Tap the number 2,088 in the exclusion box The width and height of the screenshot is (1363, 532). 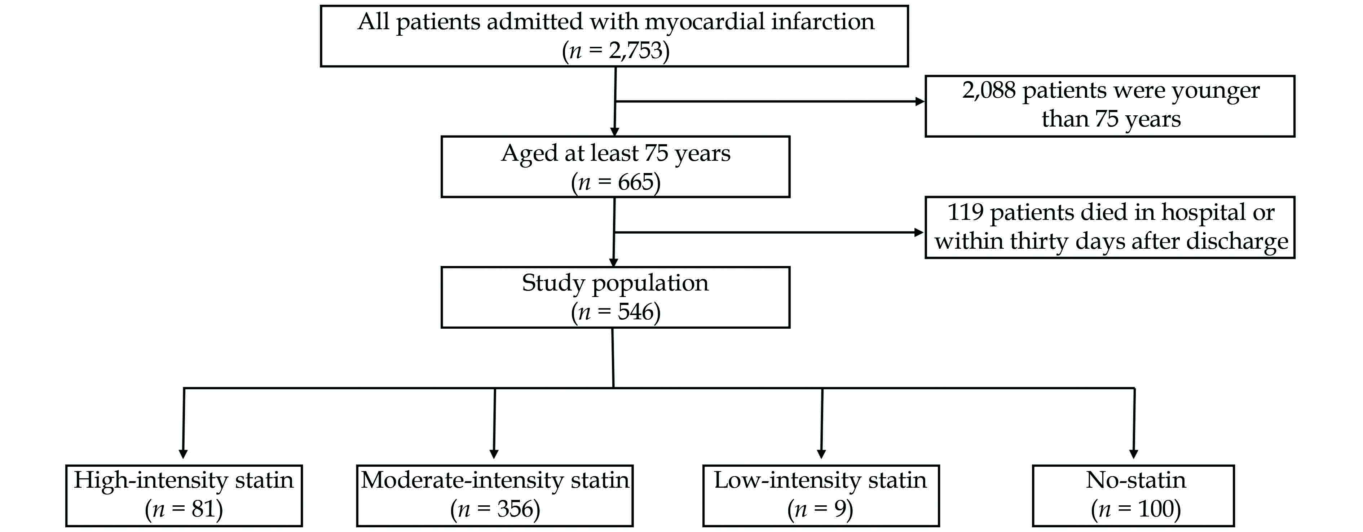[x=988, y=90]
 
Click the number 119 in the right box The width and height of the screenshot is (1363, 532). [x=965, y=213]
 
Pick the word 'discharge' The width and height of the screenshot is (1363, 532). [x=1237, y=242]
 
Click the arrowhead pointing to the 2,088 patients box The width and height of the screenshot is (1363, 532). [x=920, y=102]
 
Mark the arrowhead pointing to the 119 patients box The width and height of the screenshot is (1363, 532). [x=919, y=232]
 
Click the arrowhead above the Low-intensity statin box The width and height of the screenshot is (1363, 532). [x=821, y=454]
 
